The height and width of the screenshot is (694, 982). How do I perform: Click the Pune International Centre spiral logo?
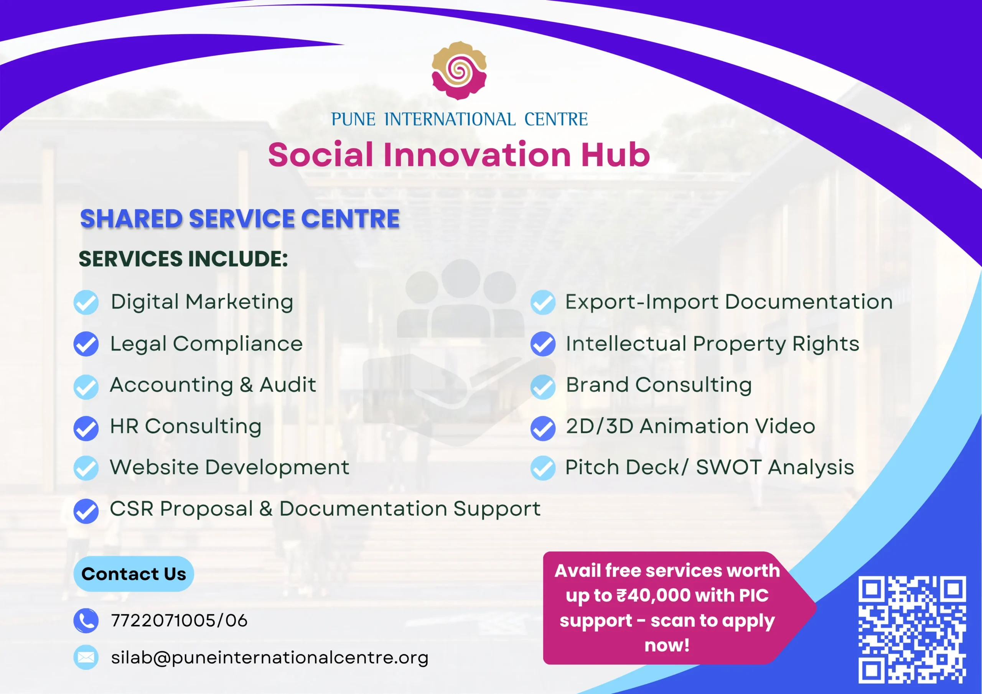[x=459, y=71]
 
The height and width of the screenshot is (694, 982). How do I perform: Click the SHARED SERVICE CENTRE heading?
[x=240, y=219]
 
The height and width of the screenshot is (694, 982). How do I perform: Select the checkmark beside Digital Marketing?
[x=86, y=302]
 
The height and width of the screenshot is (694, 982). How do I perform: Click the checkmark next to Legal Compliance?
[x=86, y=344]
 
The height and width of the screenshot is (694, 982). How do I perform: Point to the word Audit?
[x=288, y=385]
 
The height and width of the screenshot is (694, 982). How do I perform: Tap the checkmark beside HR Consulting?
[x=86, y=428]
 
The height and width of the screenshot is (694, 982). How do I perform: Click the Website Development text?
[x=230, y=467]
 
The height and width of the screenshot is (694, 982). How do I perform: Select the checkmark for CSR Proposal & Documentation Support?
[x=86, y=511]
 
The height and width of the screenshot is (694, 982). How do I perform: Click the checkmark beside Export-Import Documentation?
[x=543, y=302]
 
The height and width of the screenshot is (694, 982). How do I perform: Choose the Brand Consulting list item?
[x=659, y=385]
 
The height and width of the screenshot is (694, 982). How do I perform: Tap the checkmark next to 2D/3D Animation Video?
[x=543, y=428]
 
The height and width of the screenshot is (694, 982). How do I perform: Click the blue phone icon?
[x=86, y=620]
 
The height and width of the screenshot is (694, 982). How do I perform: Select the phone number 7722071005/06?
[x=179, y=620]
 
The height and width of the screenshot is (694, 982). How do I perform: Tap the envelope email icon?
[x=86, y=657]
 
